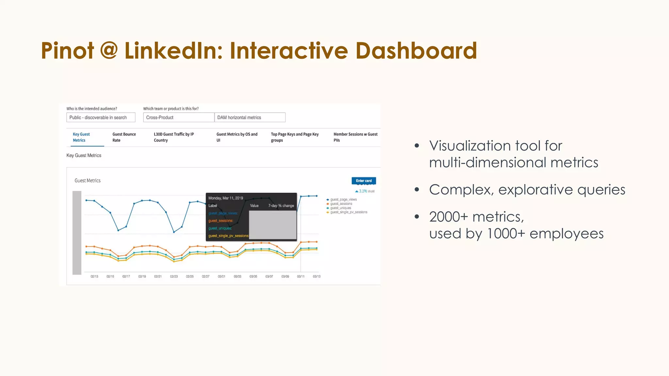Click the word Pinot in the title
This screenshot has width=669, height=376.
tap(68, 51)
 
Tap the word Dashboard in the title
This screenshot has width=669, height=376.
tap(416, 51)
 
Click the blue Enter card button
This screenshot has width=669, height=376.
tap(364, 180)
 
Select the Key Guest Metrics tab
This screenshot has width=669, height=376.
tap(81, 137)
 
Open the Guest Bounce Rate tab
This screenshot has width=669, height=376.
tap(124, 137)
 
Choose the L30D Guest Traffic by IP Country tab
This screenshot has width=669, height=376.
tap(173, 137)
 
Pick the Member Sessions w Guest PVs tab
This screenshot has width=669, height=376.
tap(355, 137)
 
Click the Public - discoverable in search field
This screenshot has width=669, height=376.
tap(101, 117)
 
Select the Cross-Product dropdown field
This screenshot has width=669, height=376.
tap(178, 117)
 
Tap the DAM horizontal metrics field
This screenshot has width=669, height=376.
tap(250, 117)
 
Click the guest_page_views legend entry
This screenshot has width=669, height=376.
tap(343, 199)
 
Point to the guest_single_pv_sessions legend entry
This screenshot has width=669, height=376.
tap(348, 212)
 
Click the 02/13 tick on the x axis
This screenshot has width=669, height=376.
tap(94, 276)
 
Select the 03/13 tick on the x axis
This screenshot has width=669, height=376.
tap(317, 276)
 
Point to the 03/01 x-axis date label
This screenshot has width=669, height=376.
tap(221, 276)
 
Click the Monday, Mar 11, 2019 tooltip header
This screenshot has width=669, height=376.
tap(226, 198)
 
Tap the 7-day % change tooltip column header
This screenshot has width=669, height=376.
tap(281, 206)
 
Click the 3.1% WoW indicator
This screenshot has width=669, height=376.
tap(365, 191)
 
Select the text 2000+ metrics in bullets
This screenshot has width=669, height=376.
tap(476, 217)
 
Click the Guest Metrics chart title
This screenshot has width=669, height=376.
tap(88, 180)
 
